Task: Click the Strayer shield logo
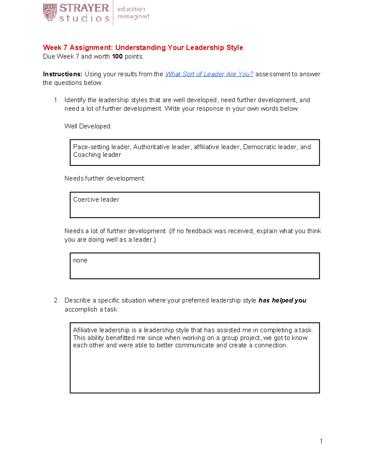[50, 13]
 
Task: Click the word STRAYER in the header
[84, 8]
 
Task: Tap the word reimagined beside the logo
[133, 16]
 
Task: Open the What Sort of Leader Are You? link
[209, 74]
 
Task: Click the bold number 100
[117, 56]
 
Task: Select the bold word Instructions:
[63, 74]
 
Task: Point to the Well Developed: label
[88, 126]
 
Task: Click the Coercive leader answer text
[96, 200]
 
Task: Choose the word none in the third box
[80, 260]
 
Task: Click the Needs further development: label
[105, 179]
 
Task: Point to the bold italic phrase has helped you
[282, 300]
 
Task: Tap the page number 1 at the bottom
[321, 441]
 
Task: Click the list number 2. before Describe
[56, 300]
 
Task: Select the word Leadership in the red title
[205, 48]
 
